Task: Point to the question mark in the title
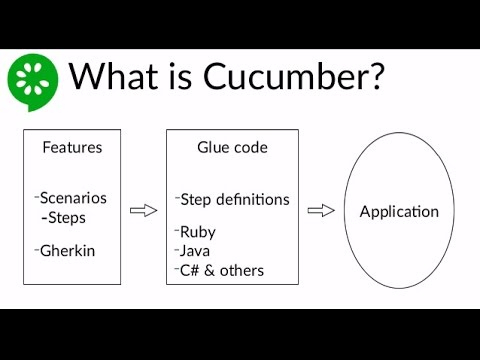click(x=372, y=77)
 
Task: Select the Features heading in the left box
click(x=72, y=147)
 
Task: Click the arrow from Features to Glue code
click(x=145, y=209)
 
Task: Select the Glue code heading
click(x=232, y=147)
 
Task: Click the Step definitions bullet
click(x=235, y=199)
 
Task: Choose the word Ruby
click(x=198, y=231)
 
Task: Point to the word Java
click(x=196, y=250)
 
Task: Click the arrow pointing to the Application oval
click(x=320, y=209)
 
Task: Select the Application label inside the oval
click(x=399, y=212)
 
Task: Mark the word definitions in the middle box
click(x=254, y=199)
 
